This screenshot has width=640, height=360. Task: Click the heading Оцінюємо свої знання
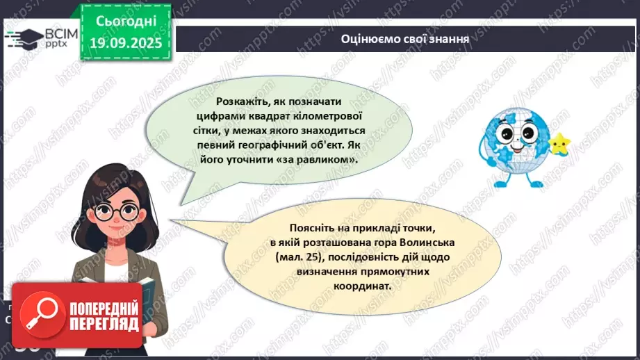[405, 39]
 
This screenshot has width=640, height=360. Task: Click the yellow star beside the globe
[559, 144]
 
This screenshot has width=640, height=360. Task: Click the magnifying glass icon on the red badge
[40, 314]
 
